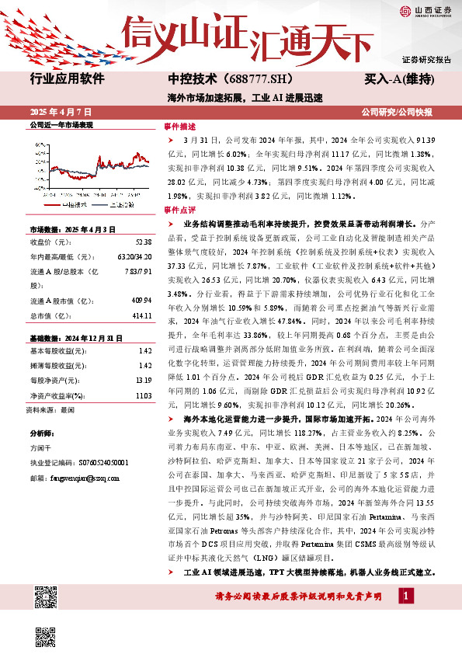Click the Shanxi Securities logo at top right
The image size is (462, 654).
[x=425, y=10]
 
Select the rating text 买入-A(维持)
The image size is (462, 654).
[x=398, y=79]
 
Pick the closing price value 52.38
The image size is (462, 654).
[x=142, y=241]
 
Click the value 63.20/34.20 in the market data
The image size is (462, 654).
[x=134, y=256]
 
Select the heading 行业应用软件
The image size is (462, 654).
[x=65, y=78]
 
